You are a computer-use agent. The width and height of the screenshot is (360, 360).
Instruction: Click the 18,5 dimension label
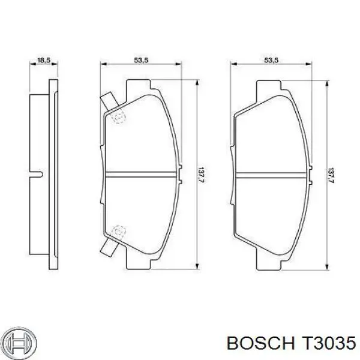[44, 61]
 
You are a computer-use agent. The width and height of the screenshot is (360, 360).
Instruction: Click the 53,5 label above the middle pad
[141, 60]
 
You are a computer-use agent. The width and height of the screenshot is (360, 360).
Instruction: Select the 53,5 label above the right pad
[271, 60]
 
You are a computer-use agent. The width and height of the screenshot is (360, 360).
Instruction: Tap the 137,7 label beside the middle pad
[202, 175]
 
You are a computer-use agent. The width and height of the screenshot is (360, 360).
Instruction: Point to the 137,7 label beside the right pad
[331, 176]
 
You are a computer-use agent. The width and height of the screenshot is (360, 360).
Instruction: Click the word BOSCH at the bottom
[260, 343]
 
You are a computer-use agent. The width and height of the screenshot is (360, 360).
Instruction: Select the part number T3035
[329, 343]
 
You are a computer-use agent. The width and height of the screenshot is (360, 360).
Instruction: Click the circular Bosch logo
[20, 343]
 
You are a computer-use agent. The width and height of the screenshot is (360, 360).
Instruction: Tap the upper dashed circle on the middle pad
[119, 118]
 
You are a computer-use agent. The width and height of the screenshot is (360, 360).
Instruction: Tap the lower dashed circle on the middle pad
[119, 232]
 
